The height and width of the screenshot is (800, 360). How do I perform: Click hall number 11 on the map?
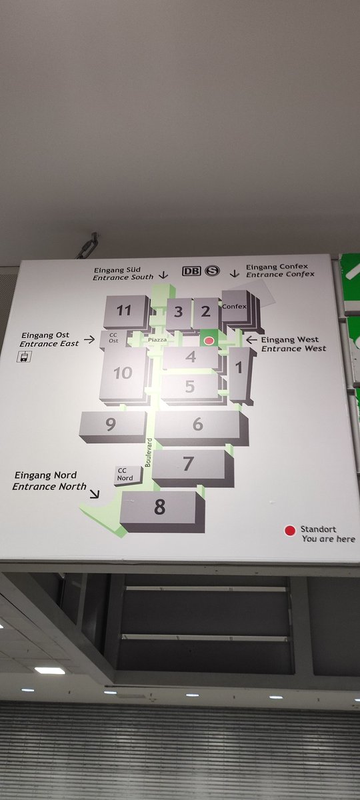124,311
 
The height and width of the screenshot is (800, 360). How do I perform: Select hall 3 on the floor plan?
178,312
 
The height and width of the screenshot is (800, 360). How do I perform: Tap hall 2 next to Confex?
205,311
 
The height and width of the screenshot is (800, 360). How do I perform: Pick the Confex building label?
234,307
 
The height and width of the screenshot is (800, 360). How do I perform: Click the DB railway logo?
192,271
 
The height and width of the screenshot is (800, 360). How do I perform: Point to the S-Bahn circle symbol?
212,271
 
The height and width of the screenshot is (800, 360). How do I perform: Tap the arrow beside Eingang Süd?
163,275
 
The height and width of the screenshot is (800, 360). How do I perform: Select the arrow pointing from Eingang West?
251,339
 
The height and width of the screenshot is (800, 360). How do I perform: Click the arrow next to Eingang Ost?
89,339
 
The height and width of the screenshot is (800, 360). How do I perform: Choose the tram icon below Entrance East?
24,357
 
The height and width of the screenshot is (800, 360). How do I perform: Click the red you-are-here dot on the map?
209,341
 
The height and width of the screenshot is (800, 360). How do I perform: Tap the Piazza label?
157,339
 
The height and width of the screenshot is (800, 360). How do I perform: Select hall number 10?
123,373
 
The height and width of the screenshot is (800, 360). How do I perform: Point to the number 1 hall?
239,367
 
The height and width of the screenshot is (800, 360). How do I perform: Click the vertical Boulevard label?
149,452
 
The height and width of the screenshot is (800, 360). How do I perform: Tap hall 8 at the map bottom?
159,507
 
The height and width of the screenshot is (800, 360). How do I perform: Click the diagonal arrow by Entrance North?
95,493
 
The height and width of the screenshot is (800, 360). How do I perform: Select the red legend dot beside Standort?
290,531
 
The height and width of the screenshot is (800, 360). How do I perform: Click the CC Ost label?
113,338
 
